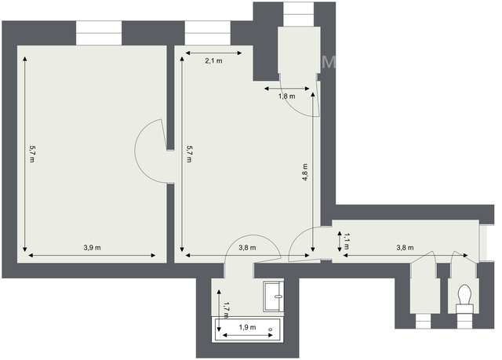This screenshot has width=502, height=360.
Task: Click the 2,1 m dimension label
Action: pyautogui.click(x=213, y=61)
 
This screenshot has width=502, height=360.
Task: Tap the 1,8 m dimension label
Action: pyautogui.click(x=287, y=96)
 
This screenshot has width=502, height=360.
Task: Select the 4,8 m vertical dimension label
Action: pyautogui.click(x=305, y=173)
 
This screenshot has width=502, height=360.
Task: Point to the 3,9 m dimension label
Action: pyautogui.click(x=93, y=248)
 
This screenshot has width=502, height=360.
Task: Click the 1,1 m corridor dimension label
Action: pyautogui.click(x=347, y=242)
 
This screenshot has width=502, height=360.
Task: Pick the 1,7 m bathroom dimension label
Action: pyautogui.click(x=227, y=311)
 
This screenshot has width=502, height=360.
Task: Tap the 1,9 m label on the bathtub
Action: pyautogui.click(x=248, y=327)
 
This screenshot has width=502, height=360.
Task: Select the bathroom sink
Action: pyautogui.click(x=274, y=296)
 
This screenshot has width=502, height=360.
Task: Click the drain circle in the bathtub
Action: pyautogui.click(x=270, y=329)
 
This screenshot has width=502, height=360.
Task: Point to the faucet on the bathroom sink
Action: pyautogui.click(x=278, y=296)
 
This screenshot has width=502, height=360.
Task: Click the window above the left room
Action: pyautogui.click(x=99, y=33)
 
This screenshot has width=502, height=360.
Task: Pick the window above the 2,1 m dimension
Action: pyautogui.click(x=207, y=33)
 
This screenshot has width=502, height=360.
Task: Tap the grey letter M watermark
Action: pyautogui.click(x=329, y=63)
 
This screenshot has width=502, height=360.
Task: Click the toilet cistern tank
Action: pyautogui.click(x=464, y=308)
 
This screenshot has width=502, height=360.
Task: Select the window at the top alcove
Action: pyautogui.click(x=299, y=14)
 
